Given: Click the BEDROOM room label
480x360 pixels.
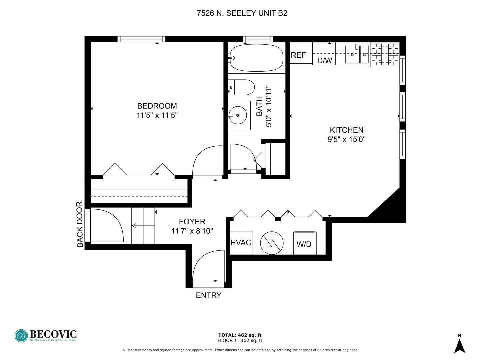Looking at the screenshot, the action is pos(157,106).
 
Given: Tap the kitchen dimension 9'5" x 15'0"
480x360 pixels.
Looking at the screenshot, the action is pos(346,139).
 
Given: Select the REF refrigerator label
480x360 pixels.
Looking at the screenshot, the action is pos(298,55).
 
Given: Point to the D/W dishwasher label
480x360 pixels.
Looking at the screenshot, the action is pos(325,61).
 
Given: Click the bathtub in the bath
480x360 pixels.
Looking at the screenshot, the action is pos(257,58).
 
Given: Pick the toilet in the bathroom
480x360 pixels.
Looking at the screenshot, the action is pos(241,87).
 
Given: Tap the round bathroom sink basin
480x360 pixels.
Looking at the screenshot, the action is pos(238,115).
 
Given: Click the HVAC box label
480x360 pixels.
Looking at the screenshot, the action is pos(241,243).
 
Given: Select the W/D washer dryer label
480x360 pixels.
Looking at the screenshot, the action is pos(304,244).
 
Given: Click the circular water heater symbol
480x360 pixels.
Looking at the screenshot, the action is pos(272,243).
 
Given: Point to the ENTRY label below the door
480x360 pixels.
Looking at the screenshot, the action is pos(208,296).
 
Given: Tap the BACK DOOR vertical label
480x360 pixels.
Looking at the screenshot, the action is pos(80,224).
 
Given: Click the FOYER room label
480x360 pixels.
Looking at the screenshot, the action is pos(192,222).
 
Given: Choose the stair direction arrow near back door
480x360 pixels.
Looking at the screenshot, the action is pos(143,226).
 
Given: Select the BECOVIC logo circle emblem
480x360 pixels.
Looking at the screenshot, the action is pos(21,336).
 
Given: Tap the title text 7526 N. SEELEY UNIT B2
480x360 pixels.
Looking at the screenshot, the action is pos(242,13).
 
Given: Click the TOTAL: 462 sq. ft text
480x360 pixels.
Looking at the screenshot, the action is pos(240,335).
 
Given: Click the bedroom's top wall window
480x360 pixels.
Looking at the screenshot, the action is pos(141,39).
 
